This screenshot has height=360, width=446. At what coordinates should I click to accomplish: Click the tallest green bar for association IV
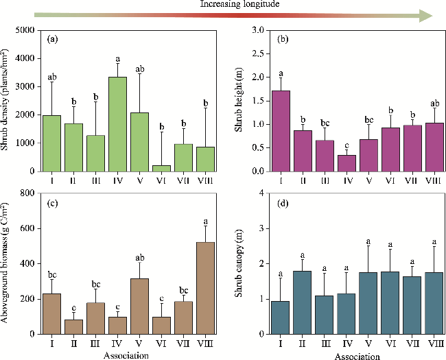coord(117,124)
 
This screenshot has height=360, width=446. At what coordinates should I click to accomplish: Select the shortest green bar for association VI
coord(162,169)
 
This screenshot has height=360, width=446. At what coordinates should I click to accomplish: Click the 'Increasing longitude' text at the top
coord(230,4)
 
